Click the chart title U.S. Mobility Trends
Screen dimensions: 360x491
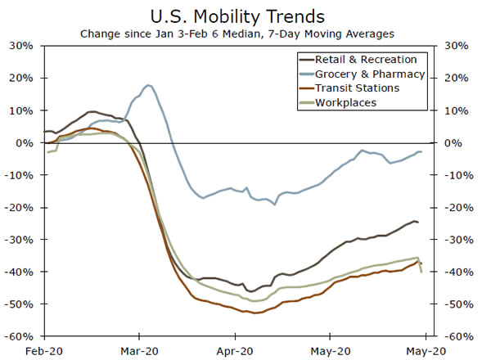point(245,16)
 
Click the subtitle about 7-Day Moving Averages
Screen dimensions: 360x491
point(245,34)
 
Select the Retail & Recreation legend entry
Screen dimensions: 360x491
point(360,60)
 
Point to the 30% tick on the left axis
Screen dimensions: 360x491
point(21,46)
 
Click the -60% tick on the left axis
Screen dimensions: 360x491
point(20,336)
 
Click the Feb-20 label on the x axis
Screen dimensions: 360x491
point(43,350)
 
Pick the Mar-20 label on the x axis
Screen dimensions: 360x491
point(139,350)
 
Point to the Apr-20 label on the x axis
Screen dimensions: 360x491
point(236,350)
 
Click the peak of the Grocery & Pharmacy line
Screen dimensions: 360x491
point(147,85)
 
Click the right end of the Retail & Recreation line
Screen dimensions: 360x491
point(418,222)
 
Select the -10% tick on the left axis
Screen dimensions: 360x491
point(20,175)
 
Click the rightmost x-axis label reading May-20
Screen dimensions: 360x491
point(426,350)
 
